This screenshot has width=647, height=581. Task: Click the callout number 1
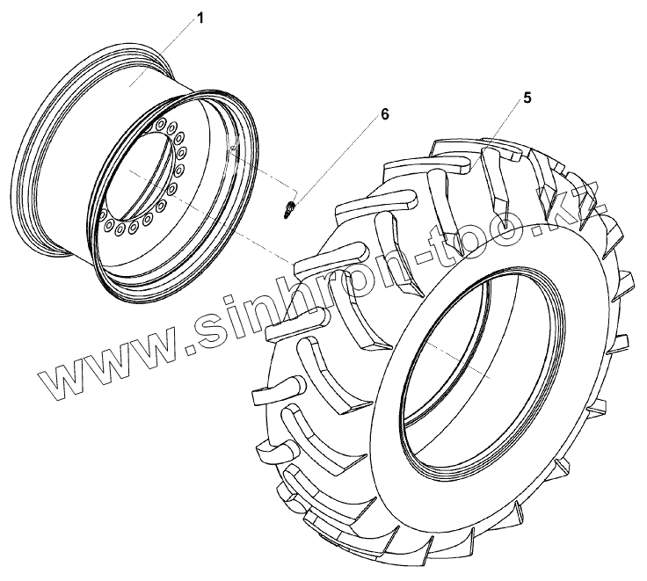200,18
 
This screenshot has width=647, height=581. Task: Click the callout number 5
527,98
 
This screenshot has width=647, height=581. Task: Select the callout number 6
384,114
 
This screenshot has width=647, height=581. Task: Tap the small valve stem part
289,208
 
